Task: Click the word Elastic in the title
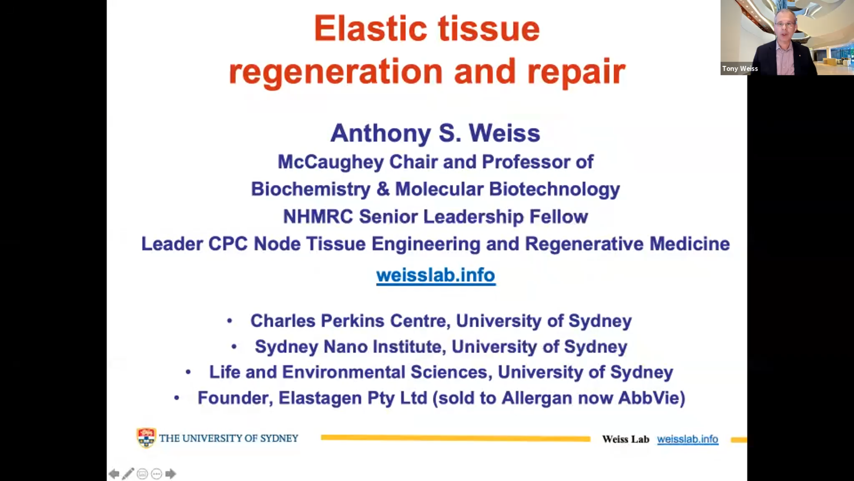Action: (371, 29)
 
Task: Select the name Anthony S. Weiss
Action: (435, 133)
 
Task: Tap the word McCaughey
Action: (330, 162)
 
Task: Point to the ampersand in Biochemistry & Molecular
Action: (383, 189)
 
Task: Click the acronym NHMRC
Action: (318, 217)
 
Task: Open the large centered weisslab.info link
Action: (436, 275)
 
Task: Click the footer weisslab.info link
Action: (688, 439)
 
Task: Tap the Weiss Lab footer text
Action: (626, 439)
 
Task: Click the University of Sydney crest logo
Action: (146, 438)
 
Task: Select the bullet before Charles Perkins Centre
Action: (230, 321)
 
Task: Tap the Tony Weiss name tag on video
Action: (740, 69)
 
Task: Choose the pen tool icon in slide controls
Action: (128, 474)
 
